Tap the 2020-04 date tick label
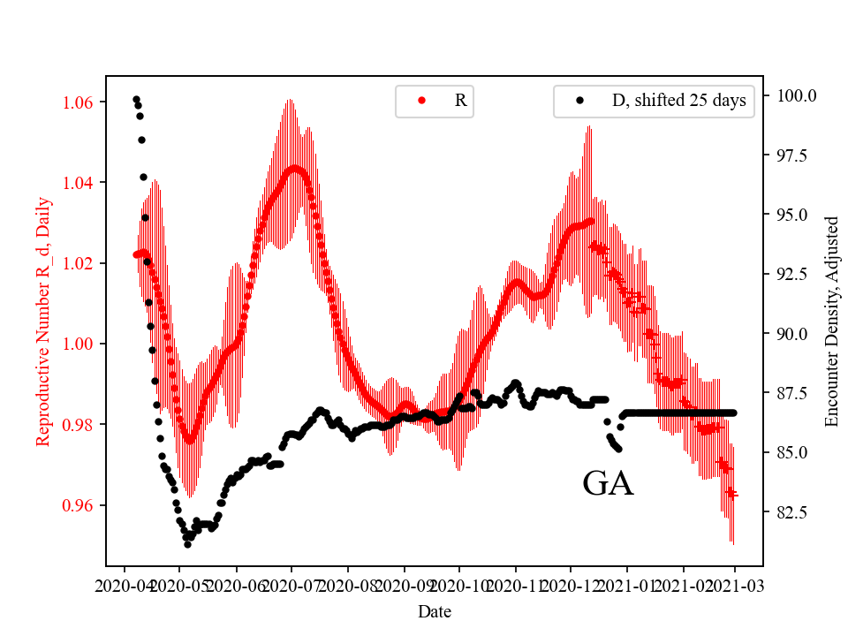click(125, 585)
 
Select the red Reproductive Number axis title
click(43, 321)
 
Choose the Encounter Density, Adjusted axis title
click(831, 321)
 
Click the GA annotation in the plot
click(608, 484)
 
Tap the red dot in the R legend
click(421, 101)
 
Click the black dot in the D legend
click(580, 101)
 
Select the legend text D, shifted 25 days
click(678, 101)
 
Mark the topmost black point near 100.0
click(136, 99)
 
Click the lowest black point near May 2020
click(187, 544)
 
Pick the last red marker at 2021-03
click(732, 494)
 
